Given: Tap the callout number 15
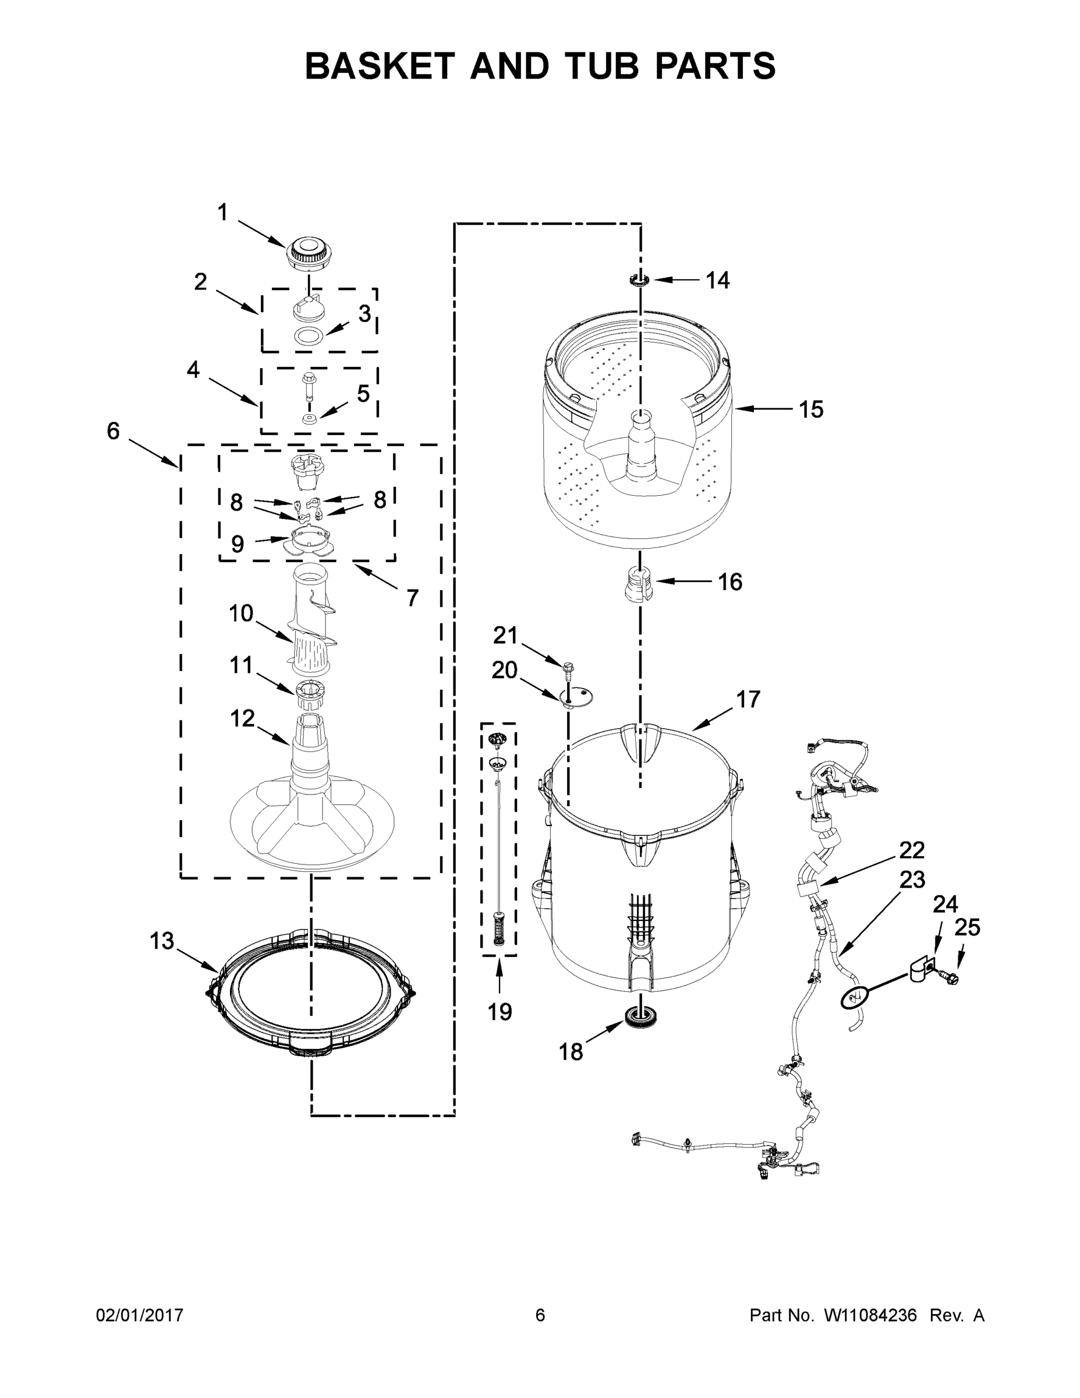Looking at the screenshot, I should pos(810,409).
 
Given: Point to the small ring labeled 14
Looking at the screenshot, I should pos(639,280).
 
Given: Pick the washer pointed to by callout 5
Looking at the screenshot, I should pos(310,419).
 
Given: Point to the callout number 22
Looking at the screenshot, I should pos(912,850).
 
